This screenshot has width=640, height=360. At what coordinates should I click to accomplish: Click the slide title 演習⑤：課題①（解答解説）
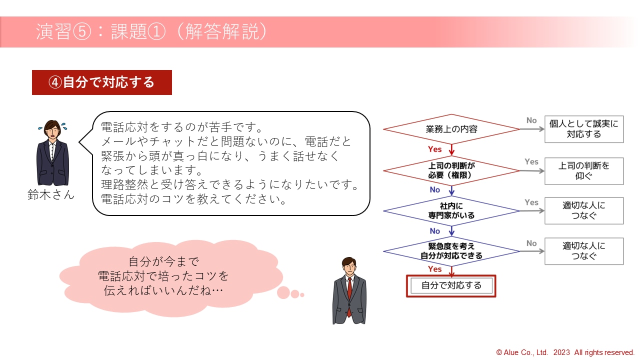point(151,31)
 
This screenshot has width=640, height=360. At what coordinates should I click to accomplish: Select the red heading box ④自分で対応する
point(102,82)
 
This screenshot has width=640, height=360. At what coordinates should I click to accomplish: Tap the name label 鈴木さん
point(51,195)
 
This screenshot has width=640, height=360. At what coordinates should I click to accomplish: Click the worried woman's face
point(52,132)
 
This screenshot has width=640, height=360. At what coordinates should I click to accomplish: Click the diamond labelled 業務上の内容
point(451,129)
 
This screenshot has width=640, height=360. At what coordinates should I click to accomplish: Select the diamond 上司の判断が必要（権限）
point(451,170)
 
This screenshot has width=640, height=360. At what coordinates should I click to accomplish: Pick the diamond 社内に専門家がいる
point(451,211)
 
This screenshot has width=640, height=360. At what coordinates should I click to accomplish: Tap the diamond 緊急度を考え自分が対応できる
point(451,251)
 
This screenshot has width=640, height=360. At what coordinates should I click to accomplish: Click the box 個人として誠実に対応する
point(584,129)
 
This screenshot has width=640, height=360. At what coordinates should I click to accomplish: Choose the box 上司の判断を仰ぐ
point(584,171)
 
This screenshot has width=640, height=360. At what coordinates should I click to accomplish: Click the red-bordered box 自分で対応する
point(451,285)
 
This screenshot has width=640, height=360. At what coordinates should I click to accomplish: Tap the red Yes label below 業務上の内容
point(434,149)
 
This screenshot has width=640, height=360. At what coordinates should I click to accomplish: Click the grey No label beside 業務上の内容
point(531,120)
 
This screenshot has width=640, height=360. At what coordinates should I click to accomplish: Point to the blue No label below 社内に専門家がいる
point(435,231)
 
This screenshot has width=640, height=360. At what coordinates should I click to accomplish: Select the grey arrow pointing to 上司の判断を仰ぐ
point(532,171)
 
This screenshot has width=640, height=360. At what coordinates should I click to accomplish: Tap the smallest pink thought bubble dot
point(302,295)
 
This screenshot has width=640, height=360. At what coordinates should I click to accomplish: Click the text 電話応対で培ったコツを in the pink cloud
point(163,276)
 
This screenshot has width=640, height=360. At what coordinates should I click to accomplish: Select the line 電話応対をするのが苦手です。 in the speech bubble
point(181,127)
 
